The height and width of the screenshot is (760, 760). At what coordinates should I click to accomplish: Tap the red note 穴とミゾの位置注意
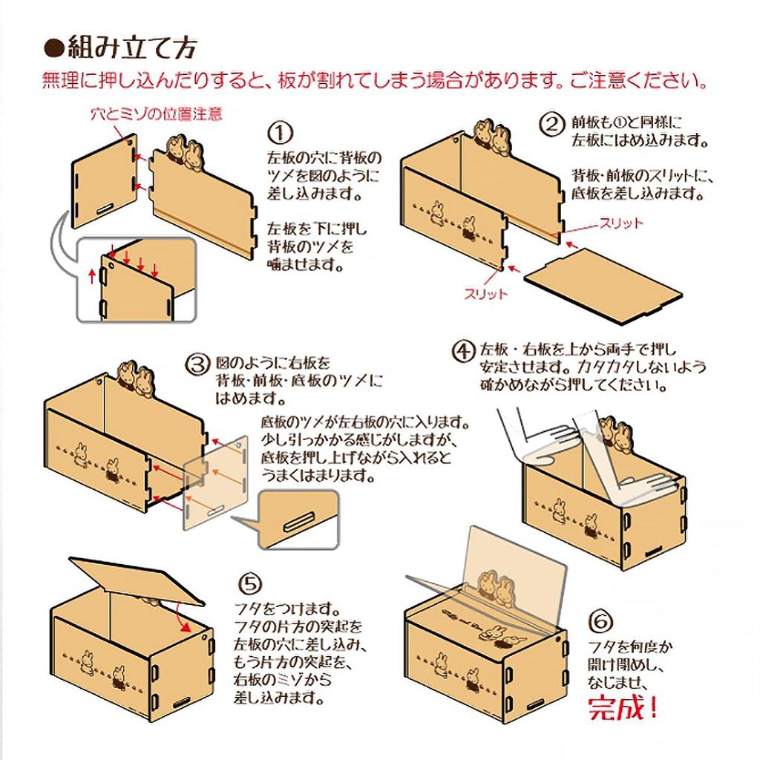[x=156, y=114]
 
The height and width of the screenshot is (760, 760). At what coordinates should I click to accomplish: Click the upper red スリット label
[x=622, y=223]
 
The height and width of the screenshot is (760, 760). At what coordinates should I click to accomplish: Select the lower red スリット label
[x=487, y=294]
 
